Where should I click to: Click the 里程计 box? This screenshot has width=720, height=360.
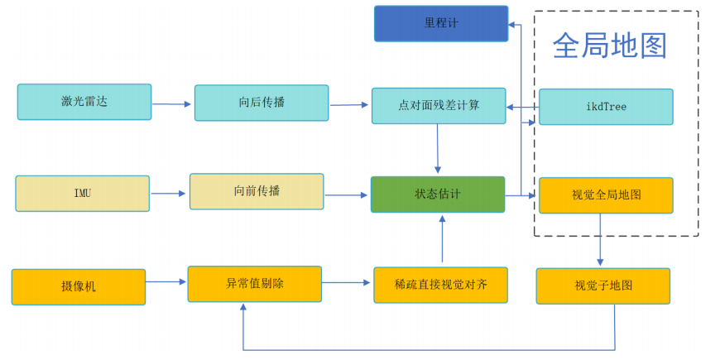point(440,23)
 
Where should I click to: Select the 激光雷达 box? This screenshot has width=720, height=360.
point(84,102)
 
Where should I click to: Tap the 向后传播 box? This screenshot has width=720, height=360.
point(262,103)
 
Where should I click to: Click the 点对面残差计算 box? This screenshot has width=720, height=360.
point(439,106)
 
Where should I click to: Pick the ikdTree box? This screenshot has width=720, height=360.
point(606,107)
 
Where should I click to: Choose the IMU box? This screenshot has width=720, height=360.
point(83,194)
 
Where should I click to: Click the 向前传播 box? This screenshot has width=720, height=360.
point(257,191)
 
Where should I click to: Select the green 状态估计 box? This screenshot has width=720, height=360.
point(438,194)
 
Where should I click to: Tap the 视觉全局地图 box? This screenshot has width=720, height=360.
point(606,195)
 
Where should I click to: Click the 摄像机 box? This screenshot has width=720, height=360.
point(79,286)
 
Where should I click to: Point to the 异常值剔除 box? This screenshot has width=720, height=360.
point(255,283)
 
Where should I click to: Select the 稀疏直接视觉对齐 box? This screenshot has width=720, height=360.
point(440,285)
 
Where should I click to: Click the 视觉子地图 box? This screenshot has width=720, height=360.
point(603,286)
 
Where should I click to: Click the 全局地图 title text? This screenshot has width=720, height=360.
point(609,46)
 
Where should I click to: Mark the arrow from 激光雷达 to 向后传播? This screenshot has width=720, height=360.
point(172,104)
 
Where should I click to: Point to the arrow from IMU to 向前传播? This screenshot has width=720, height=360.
point(169,194)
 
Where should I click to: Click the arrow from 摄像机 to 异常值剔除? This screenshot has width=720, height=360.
point(166,282)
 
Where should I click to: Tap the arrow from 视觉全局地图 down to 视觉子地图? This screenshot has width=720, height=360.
point(601,240)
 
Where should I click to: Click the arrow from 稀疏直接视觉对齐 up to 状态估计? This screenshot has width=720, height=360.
point(442,240)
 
